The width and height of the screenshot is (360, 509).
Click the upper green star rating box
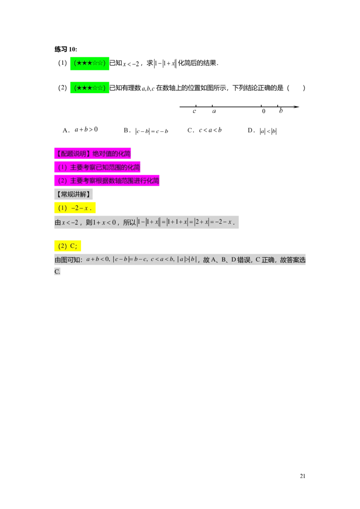coord(90,63)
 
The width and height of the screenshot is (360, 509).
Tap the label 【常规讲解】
coord(73,194)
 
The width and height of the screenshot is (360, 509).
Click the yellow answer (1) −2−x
coord(75,208)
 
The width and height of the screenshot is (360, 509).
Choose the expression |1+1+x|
coord(177,222)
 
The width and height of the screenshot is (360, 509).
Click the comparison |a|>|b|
coord(187,259)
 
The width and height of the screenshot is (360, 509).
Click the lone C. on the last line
coord(57,272)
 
